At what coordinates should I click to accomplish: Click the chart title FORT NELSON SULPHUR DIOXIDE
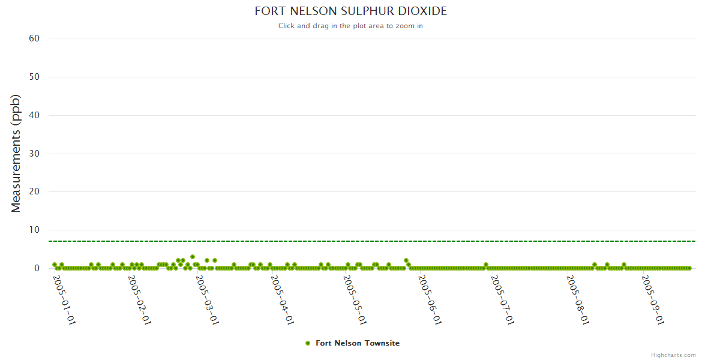coord(350,11)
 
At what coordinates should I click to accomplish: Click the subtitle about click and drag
coord(350,26)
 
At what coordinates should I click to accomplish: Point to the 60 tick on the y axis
coord(34,38)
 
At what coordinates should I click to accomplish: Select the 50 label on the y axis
coord(34,77)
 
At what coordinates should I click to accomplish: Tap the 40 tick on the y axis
coord(34,115)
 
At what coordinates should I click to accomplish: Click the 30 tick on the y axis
coord(34,154)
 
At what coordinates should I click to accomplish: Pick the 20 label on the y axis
coord(34,192)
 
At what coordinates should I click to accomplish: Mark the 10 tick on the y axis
coord(34,230)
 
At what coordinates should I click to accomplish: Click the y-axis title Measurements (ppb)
coord(16,153)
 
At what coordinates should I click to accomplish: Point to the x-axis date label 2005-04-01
coord(282,300)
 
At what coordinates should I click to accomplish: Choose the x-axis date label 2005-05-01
coord(355,300)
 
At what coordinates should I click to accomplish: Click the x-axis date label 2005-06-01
coord(430,300)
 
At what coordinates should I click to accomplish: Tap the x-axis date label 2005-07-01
coord(502,300)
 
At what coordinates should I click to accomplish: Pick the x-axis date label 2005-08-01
coord(577,300)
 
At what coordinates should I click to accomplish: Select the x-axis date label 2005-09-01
coord(652,300)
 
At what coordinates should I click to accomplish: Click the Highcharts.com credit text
coord(673,355)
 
